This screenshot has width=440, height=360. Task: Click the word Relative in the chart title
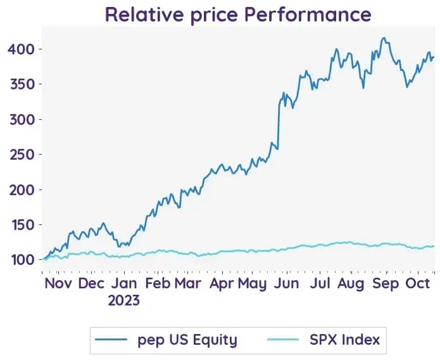[x=144, y=15]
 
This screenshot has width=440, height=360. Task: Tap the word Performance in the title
[x=308, y=15]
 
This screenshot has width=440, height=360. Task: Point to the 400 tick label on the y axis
[x=21, y=49]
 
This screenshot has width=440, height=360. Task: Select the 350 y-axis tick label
[x=22, y=84]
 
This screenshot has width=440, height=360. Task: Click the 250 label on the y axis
[x=22, y=155]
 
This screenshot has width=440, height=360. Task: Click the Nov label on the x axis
[x=58, y=283]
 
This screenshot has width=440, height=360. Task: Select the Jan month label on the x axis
[x=124, y=283]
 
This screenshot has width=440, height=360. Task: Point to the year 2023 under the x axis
[x=123, y=300]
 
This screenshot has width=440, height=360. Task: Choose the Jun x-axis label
[x=287, y=283]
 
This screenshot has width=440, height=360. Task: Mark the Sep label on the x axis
[x=386, y=284]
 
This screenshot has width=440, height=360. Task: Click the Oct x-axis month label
[x=418, y=283]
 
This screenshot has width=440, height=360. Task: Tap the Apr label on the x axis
[x=222, y=284]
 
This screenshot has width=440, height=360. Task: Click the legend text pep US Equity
[x=187, y=340]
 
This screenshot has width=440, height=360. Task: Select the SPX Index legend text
[x=345, y=340]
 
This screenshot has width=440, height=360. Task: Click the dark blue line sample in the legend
[x=111, y=340]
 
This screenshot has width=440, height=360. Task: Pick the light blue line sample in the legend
[x=283, y=340]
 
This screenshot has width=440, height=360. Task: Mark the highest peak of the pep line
[x=384, y=37]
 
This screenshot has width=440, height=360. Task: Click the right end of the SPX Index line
[x=434, y=246]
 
